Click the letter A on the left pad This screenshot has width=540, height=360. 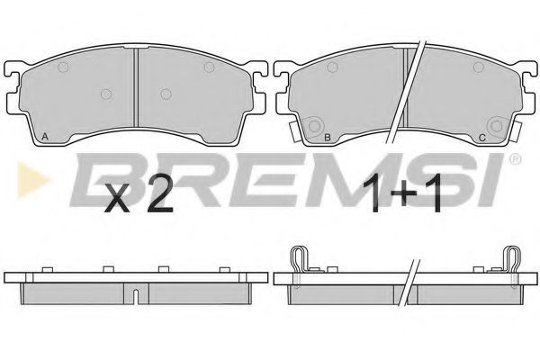[45, 137]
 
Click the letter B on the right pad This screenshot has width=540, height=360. [328, 138]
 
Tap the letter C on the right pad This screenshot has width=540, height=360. [482, 138]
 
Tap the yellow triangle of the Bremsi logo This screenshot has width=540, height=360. [31, 180]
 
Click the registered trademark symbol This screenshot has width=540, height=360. [515, 158]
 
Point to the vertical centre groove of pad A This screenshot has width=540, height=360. [137, 87]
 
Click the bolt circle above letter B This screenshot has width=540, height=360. [314, 126]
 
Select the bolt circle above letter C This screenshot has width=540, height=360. [496, 126]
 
